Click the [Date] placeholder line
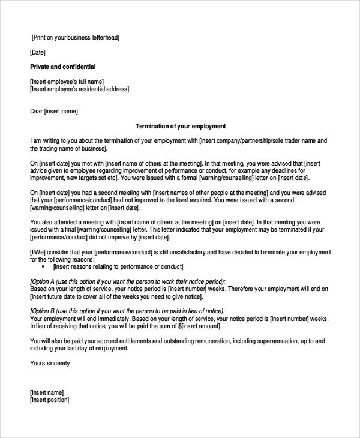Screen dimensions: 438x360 (x=37, y=52)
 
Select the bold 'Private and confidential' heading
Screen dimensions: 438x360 (x=62, y=67)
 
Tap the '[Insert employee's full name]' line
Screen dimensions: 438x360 (x=67, y=81)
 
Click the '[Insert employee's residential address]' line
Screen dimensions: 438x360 (x=79, y=89)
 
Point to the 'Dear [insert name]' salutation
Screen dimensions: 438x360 (x=54, y=111)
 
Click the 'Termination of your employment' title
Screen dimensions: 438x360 (x=180, y=126)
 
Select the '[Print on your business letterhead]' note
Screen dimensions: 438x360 (x=76, y=37)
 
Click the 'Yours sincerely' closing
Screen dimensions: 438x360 (x=50, y=363)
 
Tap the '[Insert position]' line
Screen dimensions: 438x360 (x=49, y=400)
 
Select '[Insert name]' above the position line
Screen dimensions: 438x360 (x=47, y=392)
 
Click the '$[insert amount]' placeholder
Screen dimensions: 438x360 (x=197, y=326)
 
